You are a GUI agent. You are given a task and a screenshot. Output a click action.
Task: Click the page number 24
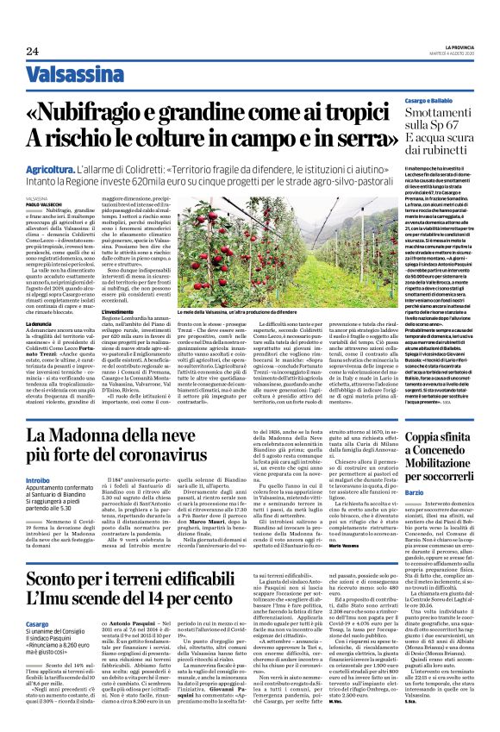point(32,51)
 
